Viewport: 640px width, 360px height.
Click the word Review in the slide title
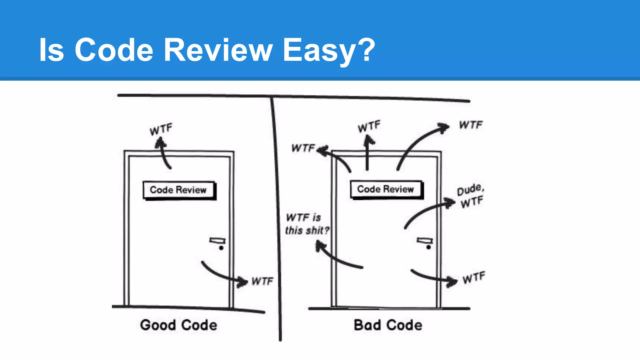(x=218, y=50)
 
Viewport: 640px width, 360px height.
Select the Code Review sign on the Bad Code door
(x=386, y=189)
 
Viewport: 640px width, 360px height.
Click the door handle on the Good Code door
(x=218, y=241)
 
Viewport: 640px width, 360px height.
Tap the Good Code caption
(x=178, y=325)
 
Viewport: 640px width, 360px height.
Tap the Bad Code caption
(x=388, y=325)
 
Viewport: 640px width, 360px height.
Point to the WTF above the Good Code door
(x=161, y=129)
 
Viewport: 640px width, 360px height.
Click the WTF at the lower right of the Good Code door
(x=262, y=281)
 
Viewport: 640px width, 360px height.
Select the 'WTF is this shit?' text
(x=307, y=224)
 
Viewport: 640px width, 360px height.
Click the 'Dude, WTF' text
(x=471, y=196)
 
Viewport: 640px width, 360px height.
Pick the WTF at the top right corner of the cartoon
(x=471, y=125)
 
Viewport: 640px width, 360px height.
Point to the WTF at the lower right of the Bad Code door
(x=474, y=277)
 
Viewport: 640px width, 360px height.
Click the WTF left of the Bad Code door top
(x=303, y=148)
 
